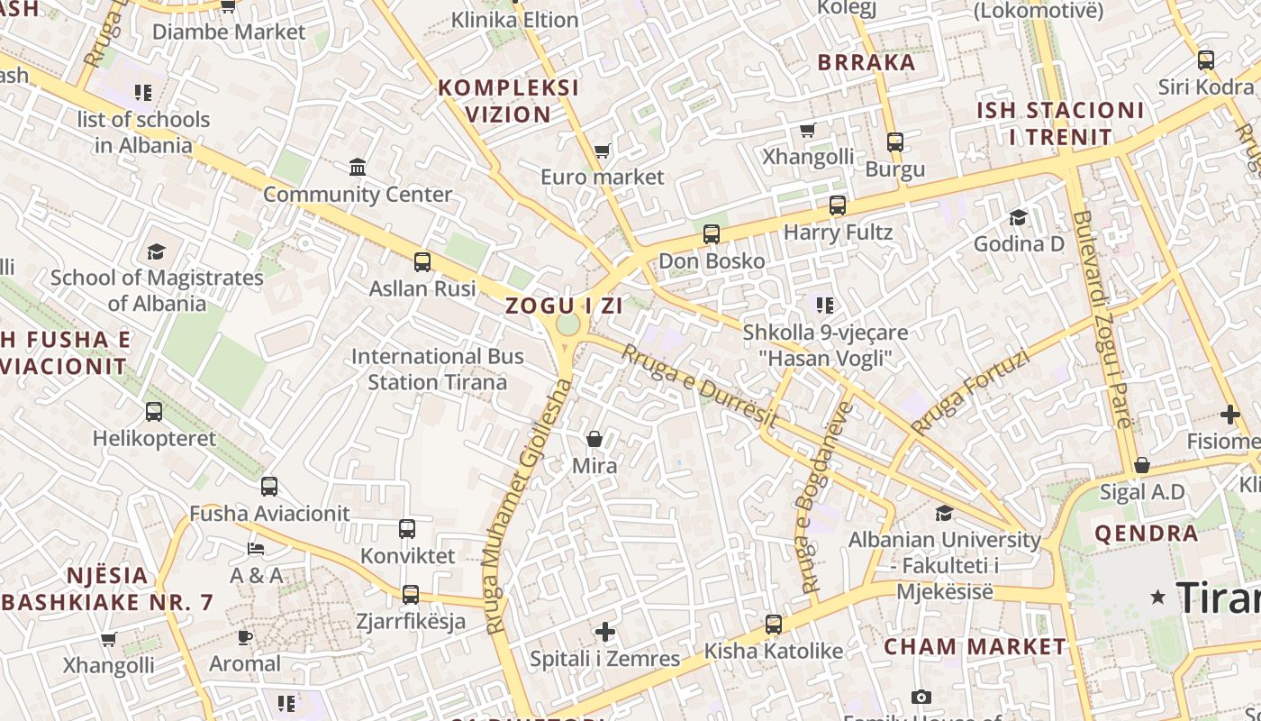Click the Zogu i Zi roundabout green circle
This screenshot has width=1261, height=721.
567,324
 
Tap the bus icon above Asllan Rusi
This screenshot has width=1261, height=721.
422,262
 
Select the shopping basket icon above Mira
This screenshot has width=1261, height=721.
594,439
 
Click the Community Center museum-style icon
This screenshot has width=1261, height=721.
358,167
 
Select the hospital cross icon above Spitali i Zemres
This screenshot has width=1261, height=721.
605,632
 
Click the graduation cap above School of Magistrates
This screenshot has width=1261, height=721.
157,251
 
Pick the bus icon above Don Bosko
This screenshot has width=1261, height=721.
712,234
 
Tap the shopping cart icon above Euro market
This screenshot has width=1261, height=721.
602,151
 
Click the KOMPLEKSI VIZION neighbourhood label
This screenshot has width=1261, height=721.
508,101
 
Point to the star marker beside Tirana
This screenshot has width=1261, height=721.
1158,597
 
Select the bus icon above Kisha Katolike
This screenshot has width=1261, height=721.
773,624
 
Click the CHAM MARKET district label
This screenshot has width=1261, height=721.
975,646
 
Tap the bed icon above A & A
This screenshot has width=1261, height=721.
256,548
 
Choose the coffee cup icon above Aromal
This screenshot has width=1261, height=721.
244,637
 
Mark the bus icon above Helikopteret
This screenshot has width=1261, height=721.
154,412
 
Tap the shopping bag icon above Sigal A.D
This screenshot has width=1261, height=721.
1141,465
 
